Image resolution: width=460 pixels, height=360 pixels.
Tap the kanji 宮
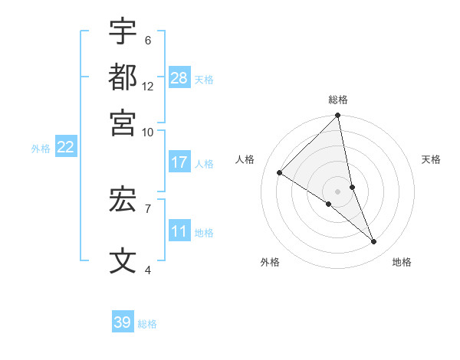(x=123, y=121)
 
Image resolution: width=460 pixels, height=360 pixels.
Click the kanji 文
(x=123, y=260)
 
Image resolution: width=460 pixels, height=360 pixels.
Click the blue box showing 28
(x=179, y=78)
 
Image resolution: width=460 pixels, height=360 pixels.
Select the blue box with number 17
(x=179, y=162)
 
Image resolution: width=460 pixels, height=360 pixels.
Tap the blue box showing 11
(x=179, y=232)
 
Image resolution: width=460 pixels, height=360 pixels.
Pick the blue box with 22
(x=65, y=147)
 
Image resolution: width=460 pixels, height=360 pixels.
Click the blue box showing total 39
(x=123, y=322)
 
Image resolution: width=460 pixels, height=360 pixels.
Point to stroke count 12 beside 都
(x=148, y=86)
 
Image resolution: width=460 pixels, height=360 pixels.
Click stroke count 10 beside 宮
(x=148, y=131)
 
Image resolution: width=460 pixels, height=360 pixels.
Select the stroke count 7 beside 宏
(x=148, y=208)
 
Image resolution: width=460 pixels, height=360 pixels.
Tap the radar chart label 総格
(x=338, y=100)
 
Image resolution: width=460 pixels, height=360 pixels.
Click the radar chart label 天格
(x=432, y=159)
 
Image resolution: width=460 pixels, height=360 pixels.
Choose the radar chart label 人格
(x=245, y=159)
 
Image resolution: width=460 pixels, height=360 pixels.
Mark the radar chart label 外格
(x=270, y=262)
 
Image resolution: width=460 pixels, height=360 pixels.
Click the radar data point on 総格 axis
(x=338, y=116)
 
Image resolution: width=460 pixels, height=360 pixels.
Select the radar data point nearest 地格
(x=374, y=242)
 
